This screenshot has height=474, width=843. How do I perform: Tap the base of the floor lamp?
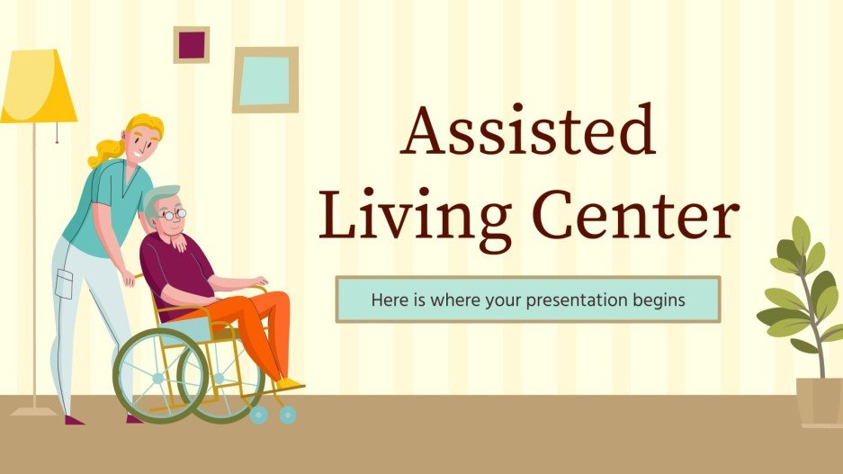[x=34, y=412]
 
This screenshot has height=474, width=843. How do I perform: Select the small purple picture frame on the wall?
[x=191, y=45]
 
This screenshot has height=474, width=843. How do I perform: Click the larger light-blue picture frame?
[x=265, y=79]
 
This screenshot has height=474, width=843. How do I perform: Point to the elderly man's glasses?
[x=175, y=214]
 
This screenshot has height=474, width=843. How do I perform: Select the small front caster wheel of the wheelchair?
[x=288, y=415]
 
